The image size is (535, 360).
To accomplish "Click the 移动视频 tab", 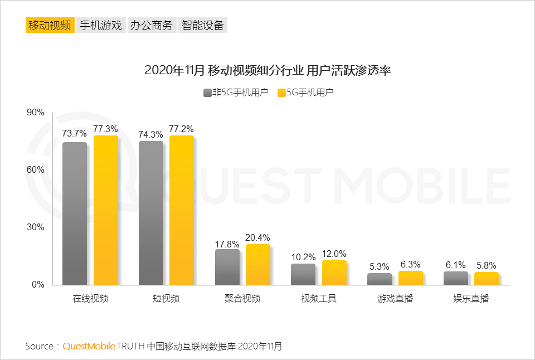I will [x=50, y=25].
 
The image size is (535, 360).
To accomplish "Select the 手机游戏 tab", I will [x=101, y=25].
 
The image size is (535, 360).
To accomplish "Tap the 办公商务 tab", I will [x=152, y=25].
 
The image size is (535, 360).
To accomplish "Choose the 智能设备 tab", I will [x=203, y=25].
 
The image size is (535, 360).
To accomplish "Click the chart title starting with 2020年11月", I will [x=267, y=71].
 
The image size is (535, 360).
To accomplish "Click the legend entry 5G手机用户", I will [x=306, y=93].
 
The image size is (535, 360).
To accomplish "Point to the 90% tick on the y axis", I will [x=36, y=113].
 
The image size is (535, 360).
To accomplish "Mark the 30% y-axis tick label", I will [x=36, y=227].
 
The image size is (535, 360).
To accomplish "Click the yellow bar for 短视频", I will [x=182, y=210].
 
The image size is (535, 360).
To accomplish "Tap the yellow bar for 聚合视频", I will [x=258, y=264].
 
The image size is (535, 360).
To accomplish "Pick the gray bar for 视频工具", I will [x=303, y=274].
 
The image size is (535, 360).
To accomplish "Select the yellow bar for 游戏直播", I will [x=411, y=278].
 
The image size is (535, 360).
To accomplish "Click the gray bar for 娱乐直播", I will [x=456, y=278].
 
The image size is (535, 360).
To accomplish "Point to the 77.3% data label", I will [x=106, y=129].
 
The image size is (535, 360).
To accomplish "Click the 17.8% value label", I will [x=227, y=244].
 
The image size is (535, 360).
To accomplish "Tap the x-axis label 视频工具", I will [x=319, y=299].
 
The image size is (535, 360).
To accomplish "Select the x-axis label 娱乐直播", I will [x=471, y=299].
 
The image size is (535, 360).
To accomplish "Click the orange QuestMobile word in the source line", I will [x=89, y=346].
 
